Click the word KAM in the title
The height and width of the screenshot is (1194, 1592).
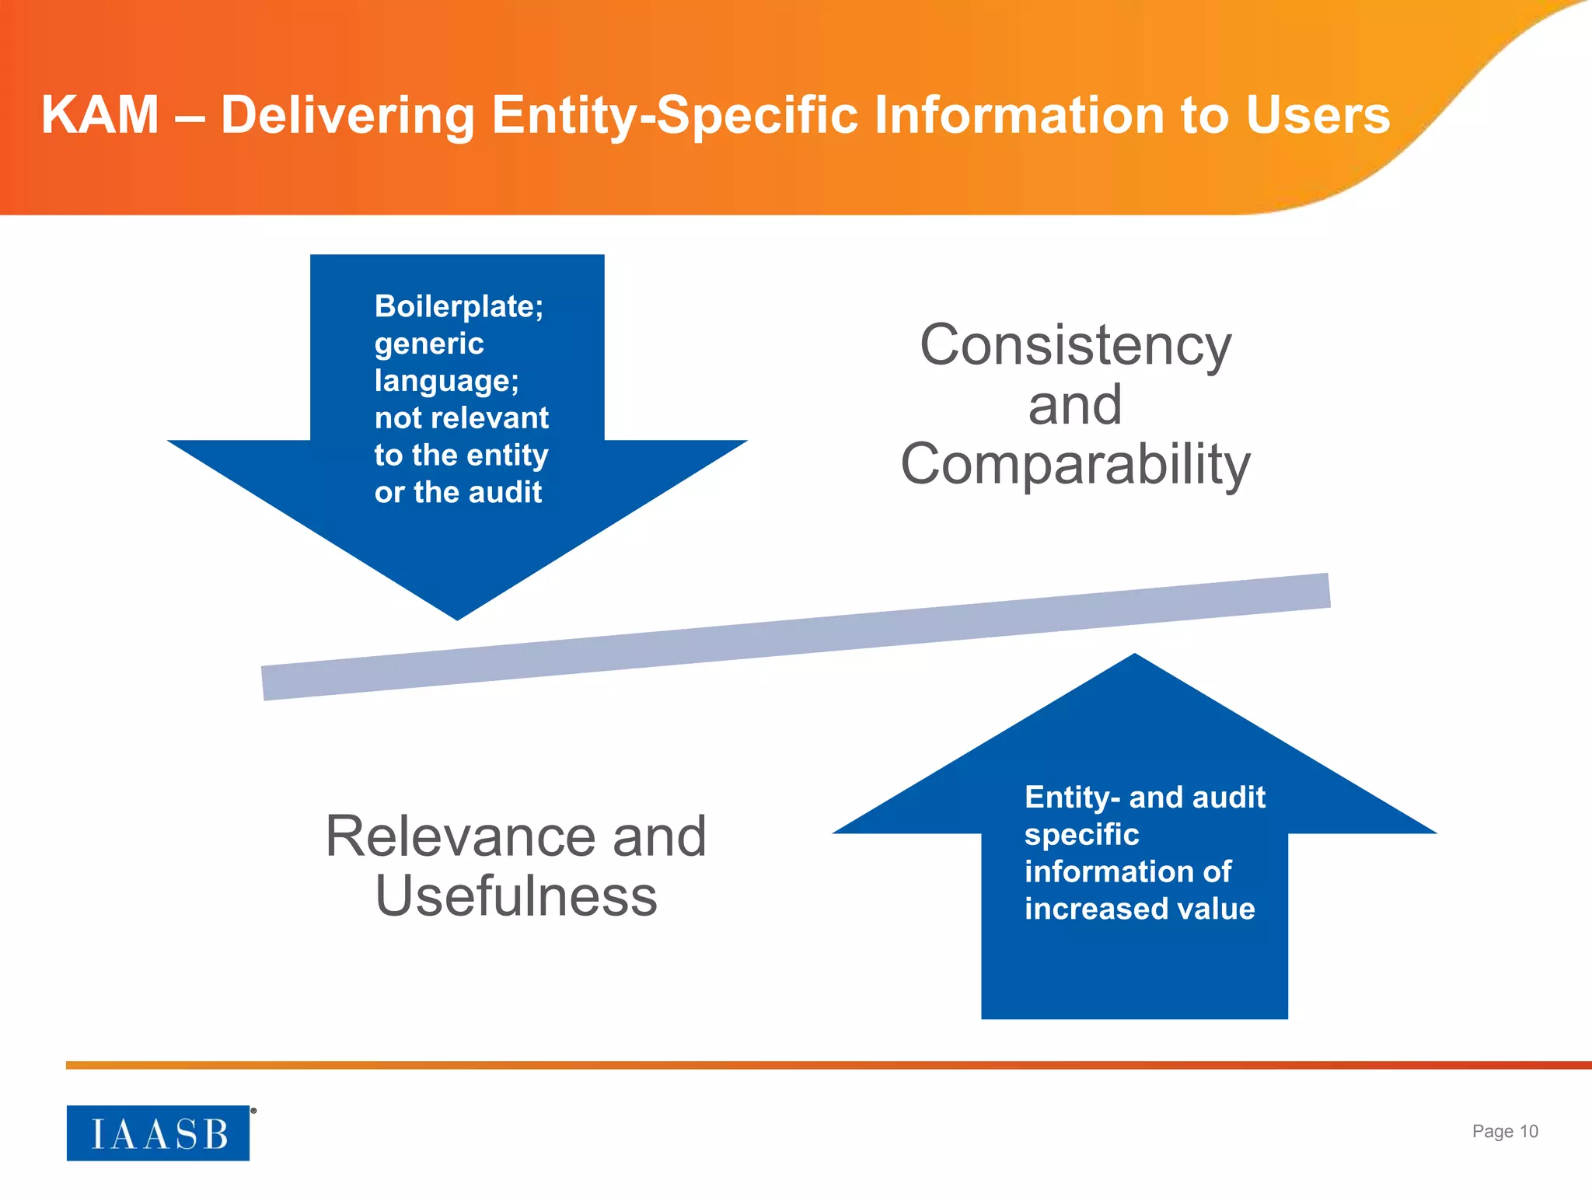pos(99,115)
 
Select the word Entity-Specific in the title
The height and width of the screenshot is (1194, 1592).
pos(675,115)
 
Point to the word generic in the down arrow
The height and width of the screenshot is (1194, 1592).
pos(429,344)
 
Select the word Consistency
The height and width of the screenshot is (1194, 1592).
pos(1075,345)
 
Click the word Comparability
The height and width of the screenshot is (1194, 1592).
pos(1075,464)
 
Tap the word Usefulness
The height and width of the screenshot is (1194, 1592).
pos(516,896)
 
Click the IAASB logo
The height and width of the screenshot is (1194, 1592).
pos(158,1133)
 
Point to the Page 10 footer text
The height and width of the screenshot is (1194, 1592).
pos(1504,1131)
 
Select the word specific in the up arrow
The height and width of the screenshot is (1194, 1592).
pos(1081,834)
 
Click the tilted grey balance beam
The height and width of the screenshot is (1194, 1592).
pos(796,637)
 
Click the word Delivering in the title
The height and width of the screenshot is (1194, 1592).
pos(347,115)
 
